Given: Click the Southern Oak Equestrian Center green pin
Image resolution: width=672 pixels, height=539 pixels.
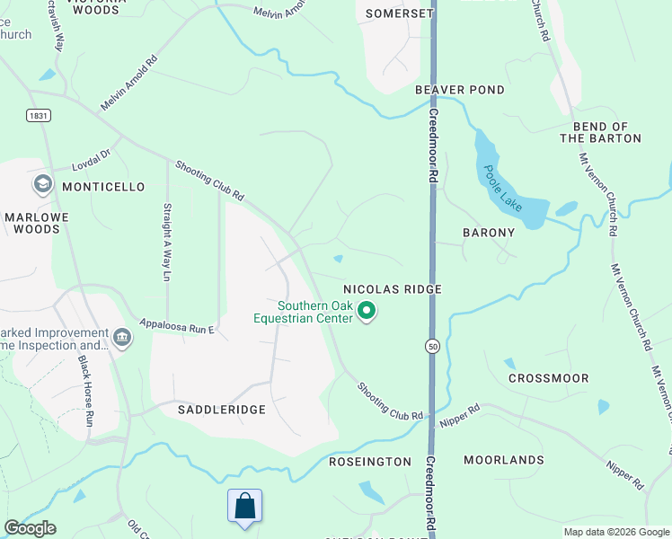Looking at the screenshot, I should point(367,312).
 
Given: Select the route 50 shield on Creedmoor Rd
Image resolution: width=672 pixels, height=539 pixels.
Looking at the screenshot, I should point(432,346).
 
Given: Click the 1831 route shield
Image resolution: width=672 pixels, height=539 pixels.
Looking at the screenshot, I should point(38,116).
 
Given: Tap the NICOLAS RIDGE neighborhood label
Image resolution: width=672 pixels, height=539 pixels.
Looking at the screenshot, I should point(393,289).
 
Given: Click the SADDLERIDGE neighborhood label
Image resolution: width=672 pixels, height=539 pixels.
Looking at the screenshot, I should point(221,410).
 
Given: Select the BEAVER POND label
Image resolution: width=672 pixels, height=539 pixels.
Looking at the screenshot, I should point(459,90).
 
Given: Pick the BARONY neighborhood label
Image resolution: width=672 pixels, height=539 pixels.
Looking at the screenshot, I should point(489,233).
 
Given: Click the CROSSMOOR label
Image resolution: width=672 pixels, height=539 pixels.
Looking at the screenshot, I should point(548,378).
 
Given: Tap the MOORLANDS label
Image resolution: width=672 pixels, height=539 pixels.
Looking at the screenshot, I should point(503,460).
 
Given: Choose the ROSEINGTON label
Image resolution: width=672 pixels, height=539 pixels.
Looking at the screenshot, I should point(369,462).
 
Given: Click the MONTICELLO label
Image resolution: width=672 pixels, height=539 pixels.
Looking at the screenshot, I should point(103,187).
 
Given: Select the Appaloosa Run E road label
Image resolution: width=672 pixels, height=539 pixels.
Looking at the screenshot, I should point(176,325).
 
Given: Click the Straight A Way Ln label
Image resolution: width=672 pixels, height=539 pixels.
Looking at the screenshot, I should point(167,243).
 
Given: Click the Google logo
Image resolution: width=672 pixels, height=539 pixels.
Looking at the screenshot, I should point(30,528).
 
